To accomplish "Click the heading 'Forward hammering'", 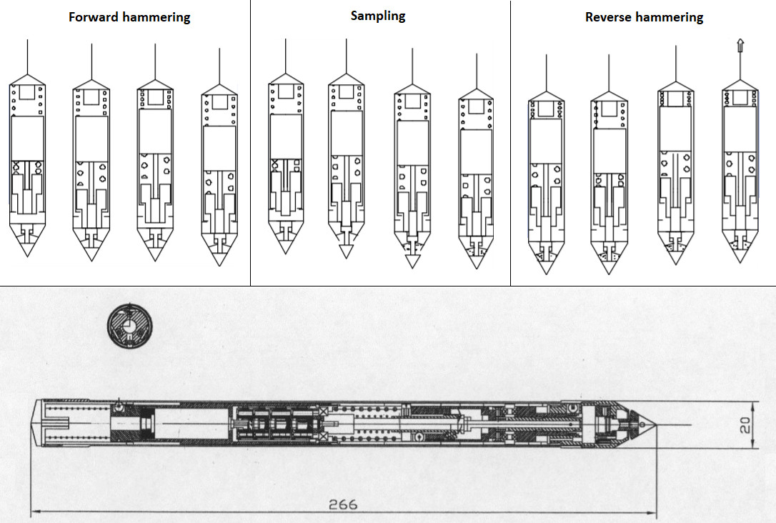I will pos(129,17).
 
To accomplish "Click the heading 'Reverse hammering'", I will pos(644,17).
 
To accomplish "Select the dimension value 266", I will pos(343,504).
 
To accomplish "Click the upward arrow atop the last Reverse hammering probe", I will pos(740,46).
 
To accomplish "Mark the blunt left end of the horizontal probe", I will pos(34,424).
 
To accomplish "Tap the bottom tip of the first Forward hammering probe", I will pos(28,254).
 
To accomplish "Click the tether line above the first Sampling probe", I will pos(286,57).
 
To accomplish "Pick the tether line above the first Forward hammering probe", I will pos(28,57).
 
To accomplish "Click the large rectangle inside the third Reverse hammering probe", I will pos(675,128).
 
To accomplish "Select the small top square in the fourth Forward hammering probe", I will pos(219,99).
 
